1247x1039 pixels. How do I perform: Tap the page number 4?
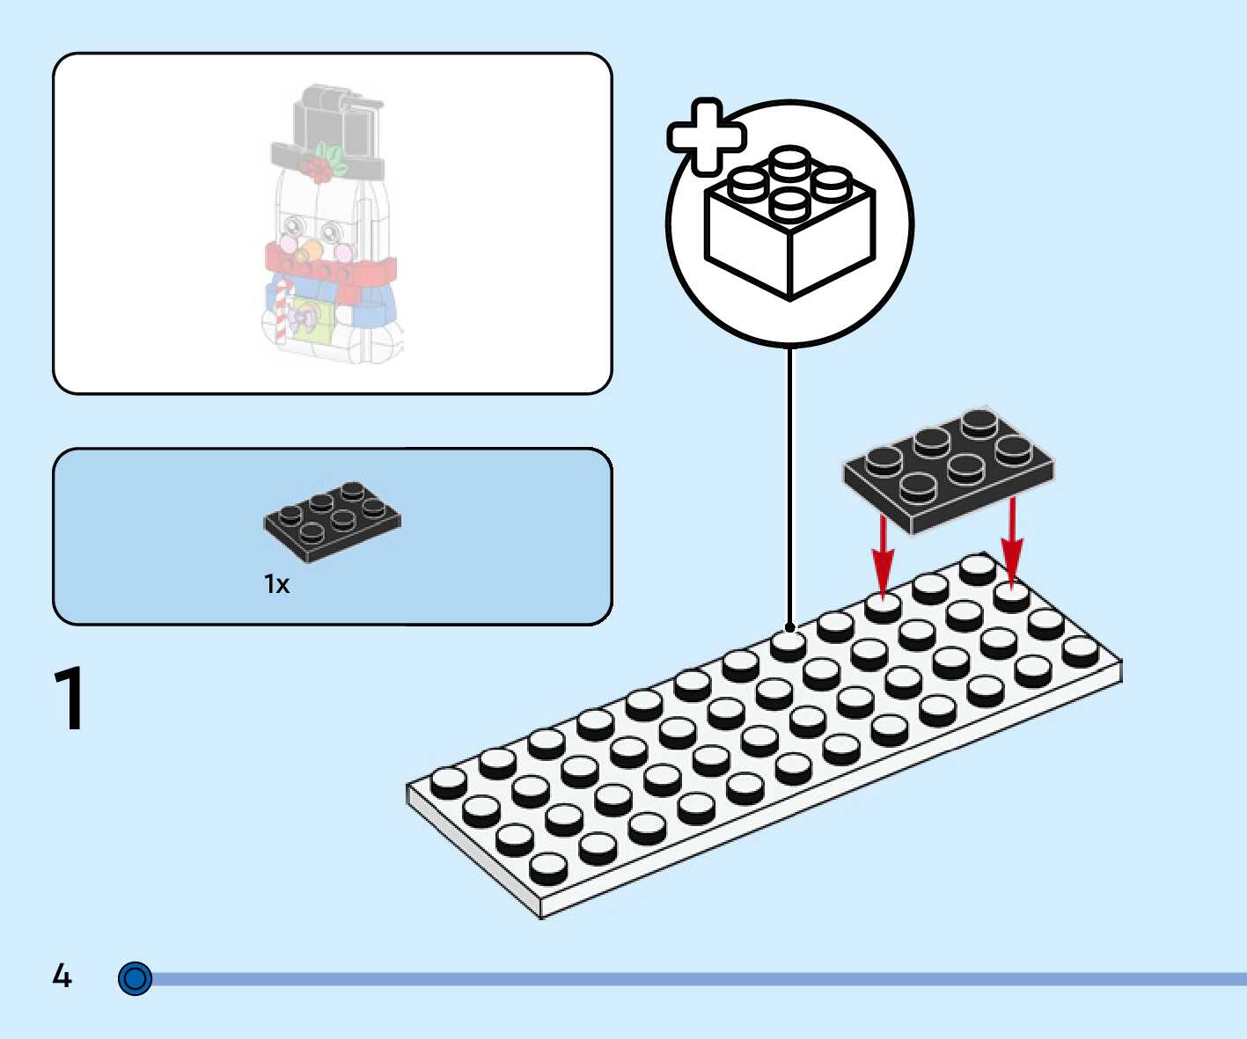click(62, 975)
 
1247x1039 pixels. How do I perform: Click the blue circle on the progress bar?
click(135, 978)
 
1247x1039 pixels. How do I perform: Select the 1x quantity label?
click(276, 584)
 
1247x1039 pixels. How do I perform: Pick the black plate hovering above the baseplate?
click(949, 468)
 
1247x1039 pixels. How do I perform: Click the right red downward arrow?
click(1012, 541)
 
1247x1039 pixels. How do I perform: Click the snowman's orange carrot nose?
click(309, 252)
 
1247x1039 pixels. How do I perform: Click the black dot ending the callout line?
click(789, 627)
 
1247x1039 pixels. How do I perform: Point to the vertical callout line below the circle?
click(789, 484)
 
